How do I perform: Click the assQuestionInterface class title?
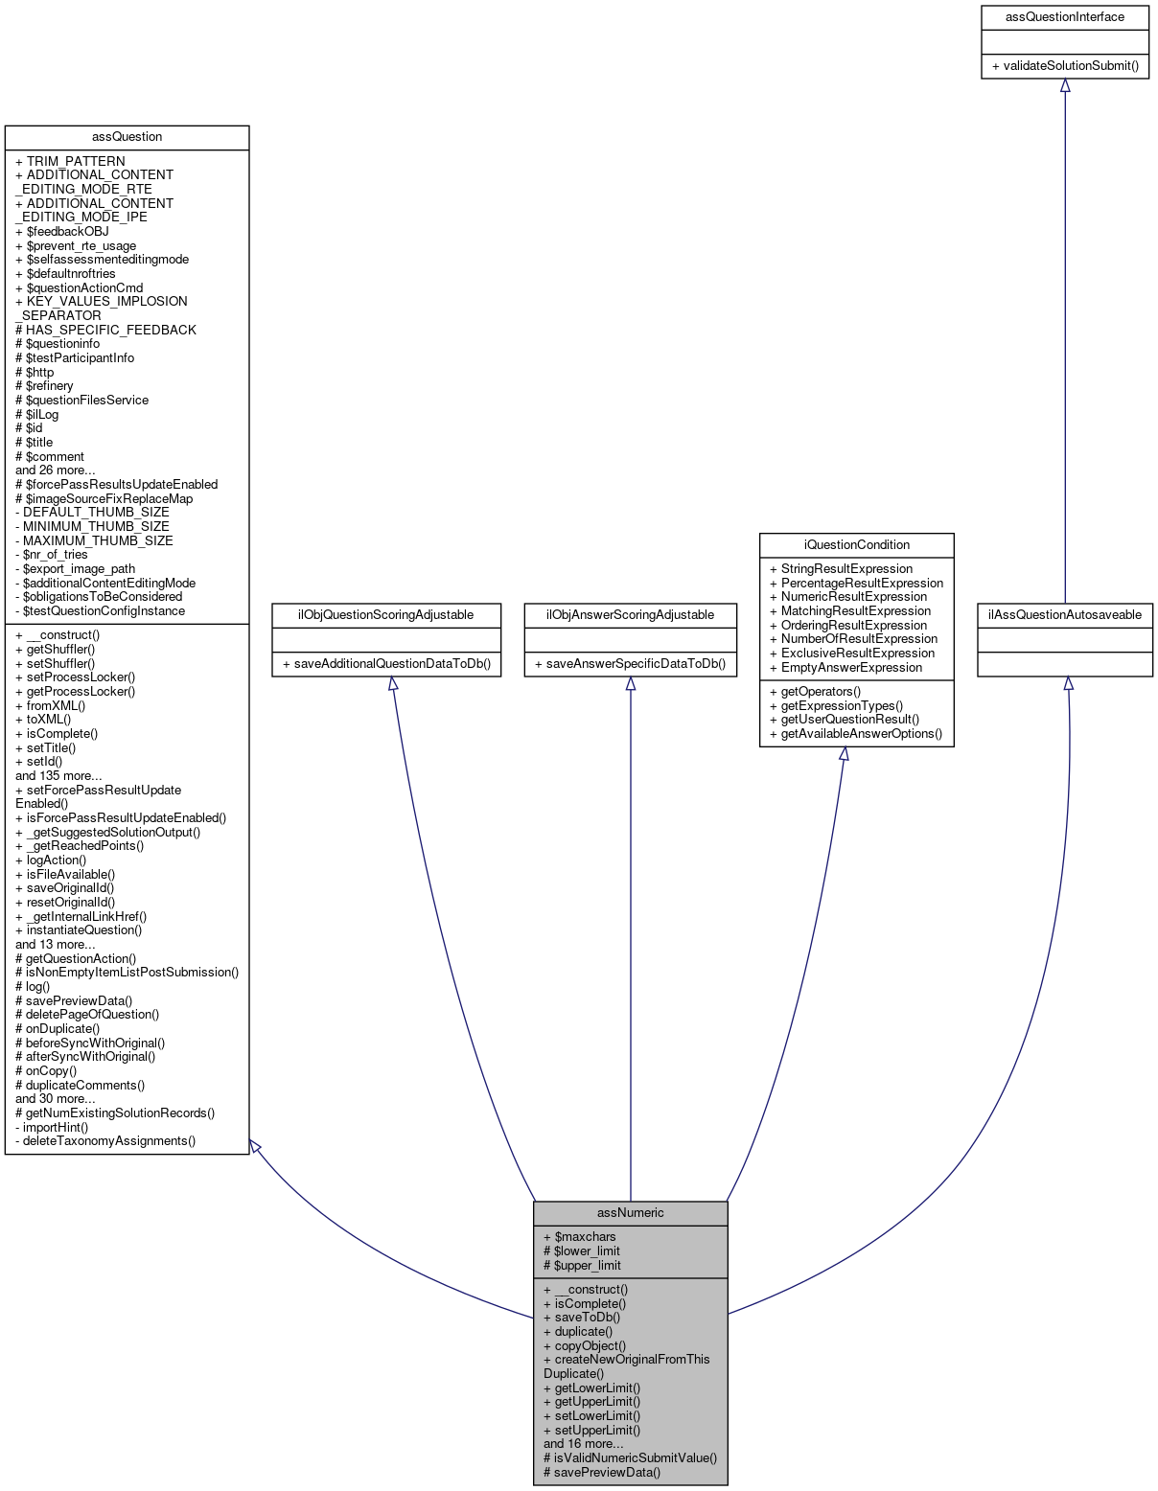[x=1064, y=17]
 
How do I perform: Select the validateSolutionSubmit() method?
[x=1064, y=66]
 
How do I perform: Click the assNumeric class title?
[x=630, y=1213]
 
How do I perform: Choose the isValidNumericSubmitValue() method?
[x=630, y=1458]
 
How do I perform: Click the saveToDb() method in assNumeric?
[x=587, y=1318]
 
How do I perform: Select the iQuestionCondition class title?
[x=856, y=545]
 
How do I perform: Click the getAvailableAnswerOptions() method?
[x=855, y=734]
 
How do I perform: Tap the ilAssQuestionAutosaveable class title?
[x=1064, y=615]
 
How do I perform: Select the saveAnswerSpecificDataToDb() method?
[x=630, y=664]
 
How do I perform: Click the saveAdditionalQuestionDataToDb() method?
[x=387, y=664]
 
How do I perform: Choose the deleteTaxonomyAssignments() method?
[x=109, y=1141]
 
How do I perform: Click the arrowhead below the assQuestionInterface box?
[x=1064, y=85]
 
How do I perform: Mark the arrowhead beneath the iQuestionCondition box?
[x=844, y=754]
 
